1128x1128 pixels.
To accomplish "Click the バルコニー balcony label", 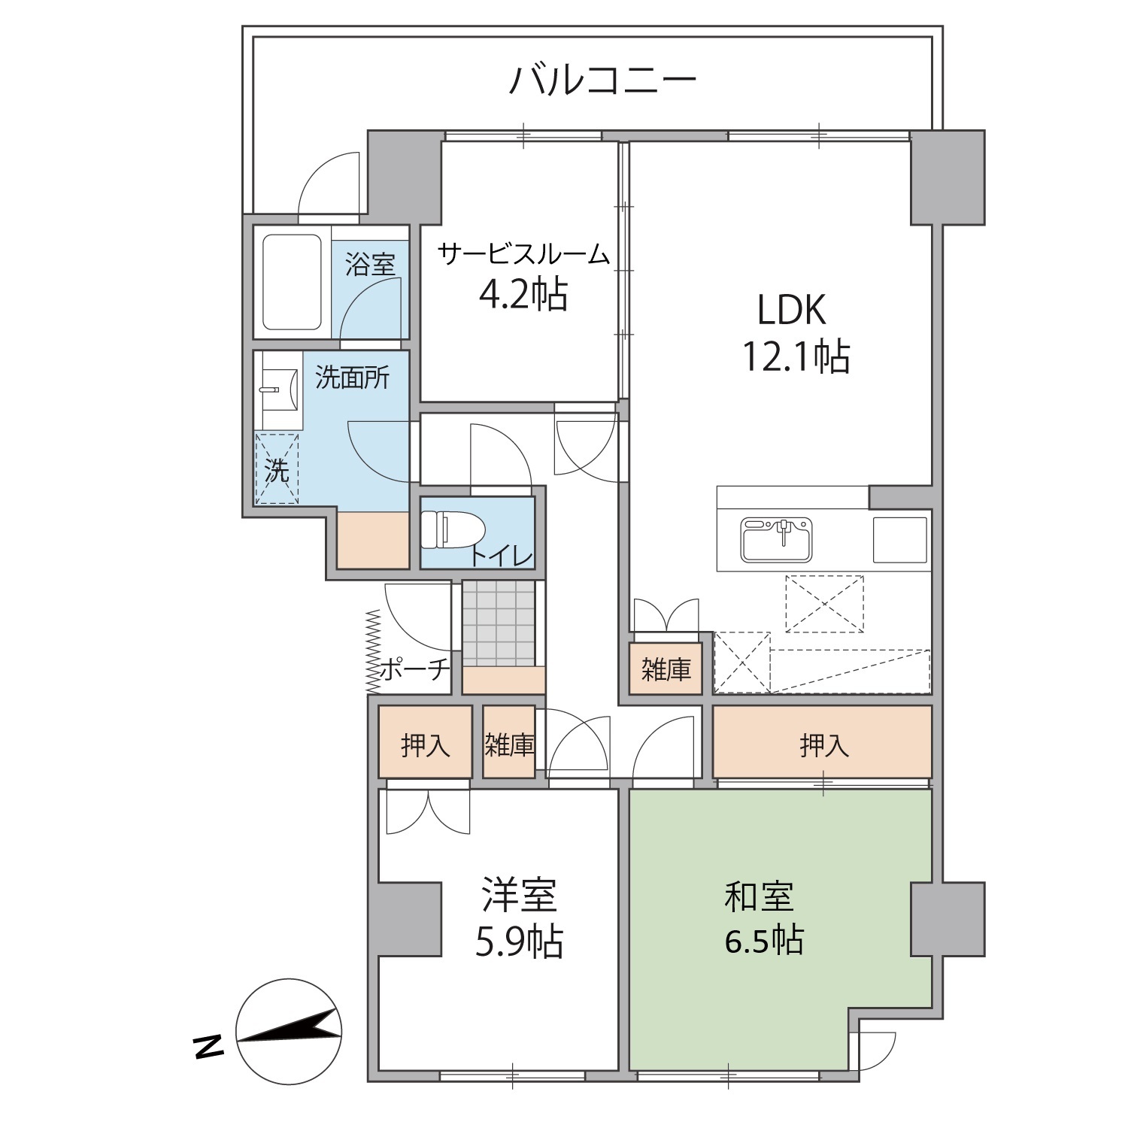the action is (x=603, y=81).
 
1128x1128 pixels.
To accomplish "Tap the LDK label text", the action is (x=791, y=310).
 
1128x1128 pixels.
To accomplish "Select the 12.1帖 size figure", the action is (x=796, y=356).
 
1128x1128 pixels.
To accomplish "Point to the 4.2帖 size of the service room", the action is (x=523, y=294).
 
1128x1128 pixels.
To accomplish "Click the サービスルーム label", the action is (x=523, y=254).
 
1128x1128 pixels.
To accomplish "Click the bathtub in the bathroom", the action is (x=293, y=281).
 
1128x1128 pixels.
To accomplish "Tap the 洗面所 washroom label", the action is (x=352, y=377).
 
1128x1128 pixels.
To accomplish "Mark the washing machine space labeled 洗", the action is (x=277, y=468).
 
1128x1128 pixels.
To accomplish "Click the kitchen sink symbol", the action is (x=777, y=539).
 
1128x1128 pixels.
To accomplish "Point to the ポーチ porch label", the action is (x=414, y=669).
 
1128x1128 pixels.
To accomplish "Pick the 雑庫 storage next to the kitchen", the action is (x=666, y=669).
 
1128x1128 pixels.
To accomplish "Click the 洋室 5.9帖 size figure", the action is (x=519, y=941).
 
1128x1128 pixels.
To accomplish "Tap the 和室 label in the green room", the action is (x=760, y=896).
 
